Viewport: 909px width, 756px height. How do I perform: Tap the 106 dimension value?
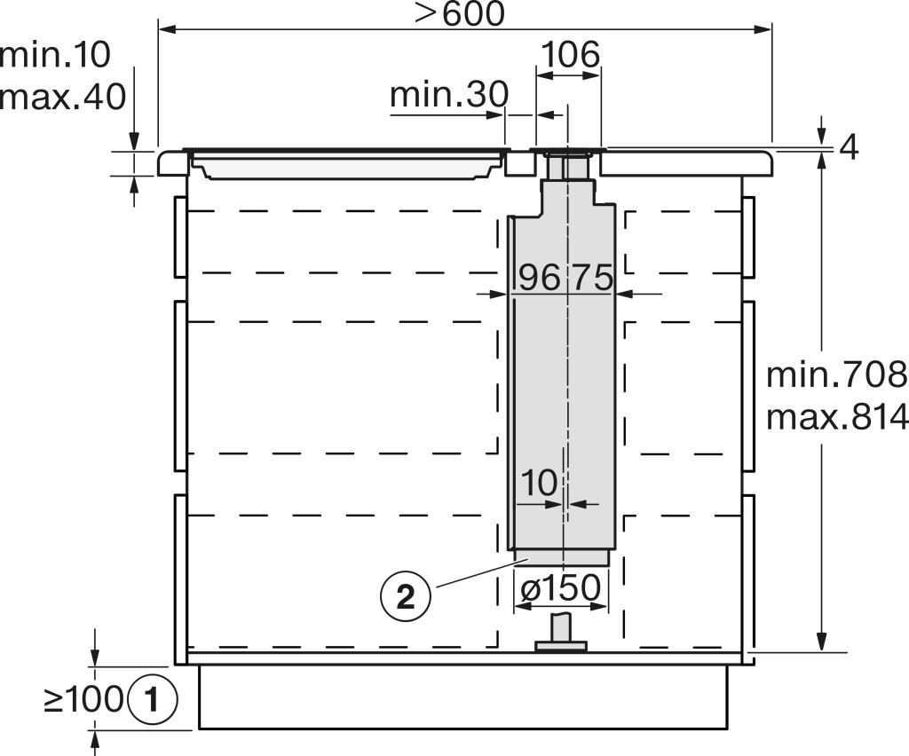pyautogui.click(x=570, y=55)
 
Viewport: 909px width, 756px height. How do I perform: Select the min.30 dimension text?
pyautogui.click(x=449, y=94)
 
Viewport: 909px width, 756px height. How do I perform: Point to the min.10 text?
pyautogui.click(x=55, y=55)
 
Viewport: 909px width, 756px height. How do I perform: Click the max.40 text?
pyautogui.click(x=63, y=96)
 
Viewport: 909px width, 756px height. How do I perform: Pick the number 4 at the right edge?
pyautogui.click(x=849, y=148)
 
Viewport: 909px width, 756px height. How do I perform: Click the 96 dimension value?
pyautogui.click(x=539, y=277)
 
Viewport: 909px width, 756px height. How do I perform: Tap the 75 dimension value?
pyautogui.click(x=592, y=277)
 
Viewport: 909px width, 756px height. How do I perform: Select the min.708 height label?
pyautogui.click(x=836, y=374)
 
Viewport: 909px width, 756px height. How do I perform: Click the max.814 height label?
pyautogui.click(x=836, y=416)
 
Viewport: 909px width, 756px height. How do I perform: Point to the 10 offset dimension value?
pyautogui.click(x=539, y=482)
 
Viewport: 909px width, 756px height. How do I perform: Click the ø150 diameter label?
pyautogui.click(x=561, y=588)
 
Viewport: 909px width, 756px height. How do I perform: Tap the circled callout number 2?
pyautogui.click(x=405, y=595)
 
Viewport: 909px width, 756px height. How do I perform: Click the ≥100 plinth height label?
pyautogui.click(x=84, y=700)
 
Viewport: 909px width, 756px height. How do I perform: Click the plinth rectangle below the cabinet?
pyautogui.click(x=462, y=697)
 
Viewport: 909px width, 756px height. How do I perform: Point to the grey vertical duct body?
pyautogui.click(x=561, y=371)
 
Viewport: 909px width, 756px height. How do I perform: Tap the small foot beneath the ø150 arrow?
pyautogui.click(x=562, y=634)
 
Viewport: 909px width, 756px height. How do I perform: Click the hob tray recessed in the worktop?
pyautogui.click(x=346, y=164)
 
